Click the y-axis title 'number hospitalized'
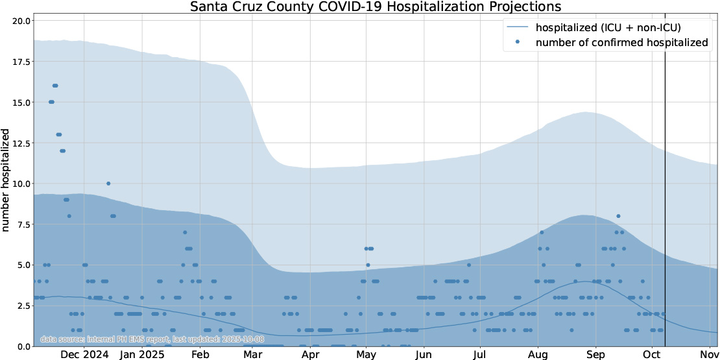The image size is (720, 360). (x=6, y=180)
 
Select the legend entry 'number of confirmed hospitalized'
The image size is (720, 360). (x=621, y=43)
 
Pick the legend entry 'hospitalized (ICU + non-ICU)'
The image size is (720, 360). (x=607, y=28)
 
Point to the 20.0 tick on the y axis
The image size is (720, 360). (x=22, y=21)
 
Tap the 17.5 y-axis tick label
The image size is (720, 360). (x=22, y=62)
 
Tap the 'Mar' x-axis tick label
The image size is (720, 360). (x=253, y=355)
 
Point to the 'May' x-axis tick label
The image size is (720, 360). (x=366, y=355)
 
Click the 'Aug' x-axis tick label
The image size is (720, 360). (x=538, y=355)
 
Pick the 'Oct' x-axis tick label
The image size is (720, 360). (x=651, y=355)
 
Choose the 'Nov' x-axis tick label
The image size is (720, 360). (x=708, y=355)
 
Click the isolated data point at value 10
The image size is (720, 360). (x=108, y=184)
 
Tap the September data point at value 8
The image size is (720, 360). (x=619, y=216)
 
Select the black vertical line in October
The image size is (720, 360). (x=666, y=195)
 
